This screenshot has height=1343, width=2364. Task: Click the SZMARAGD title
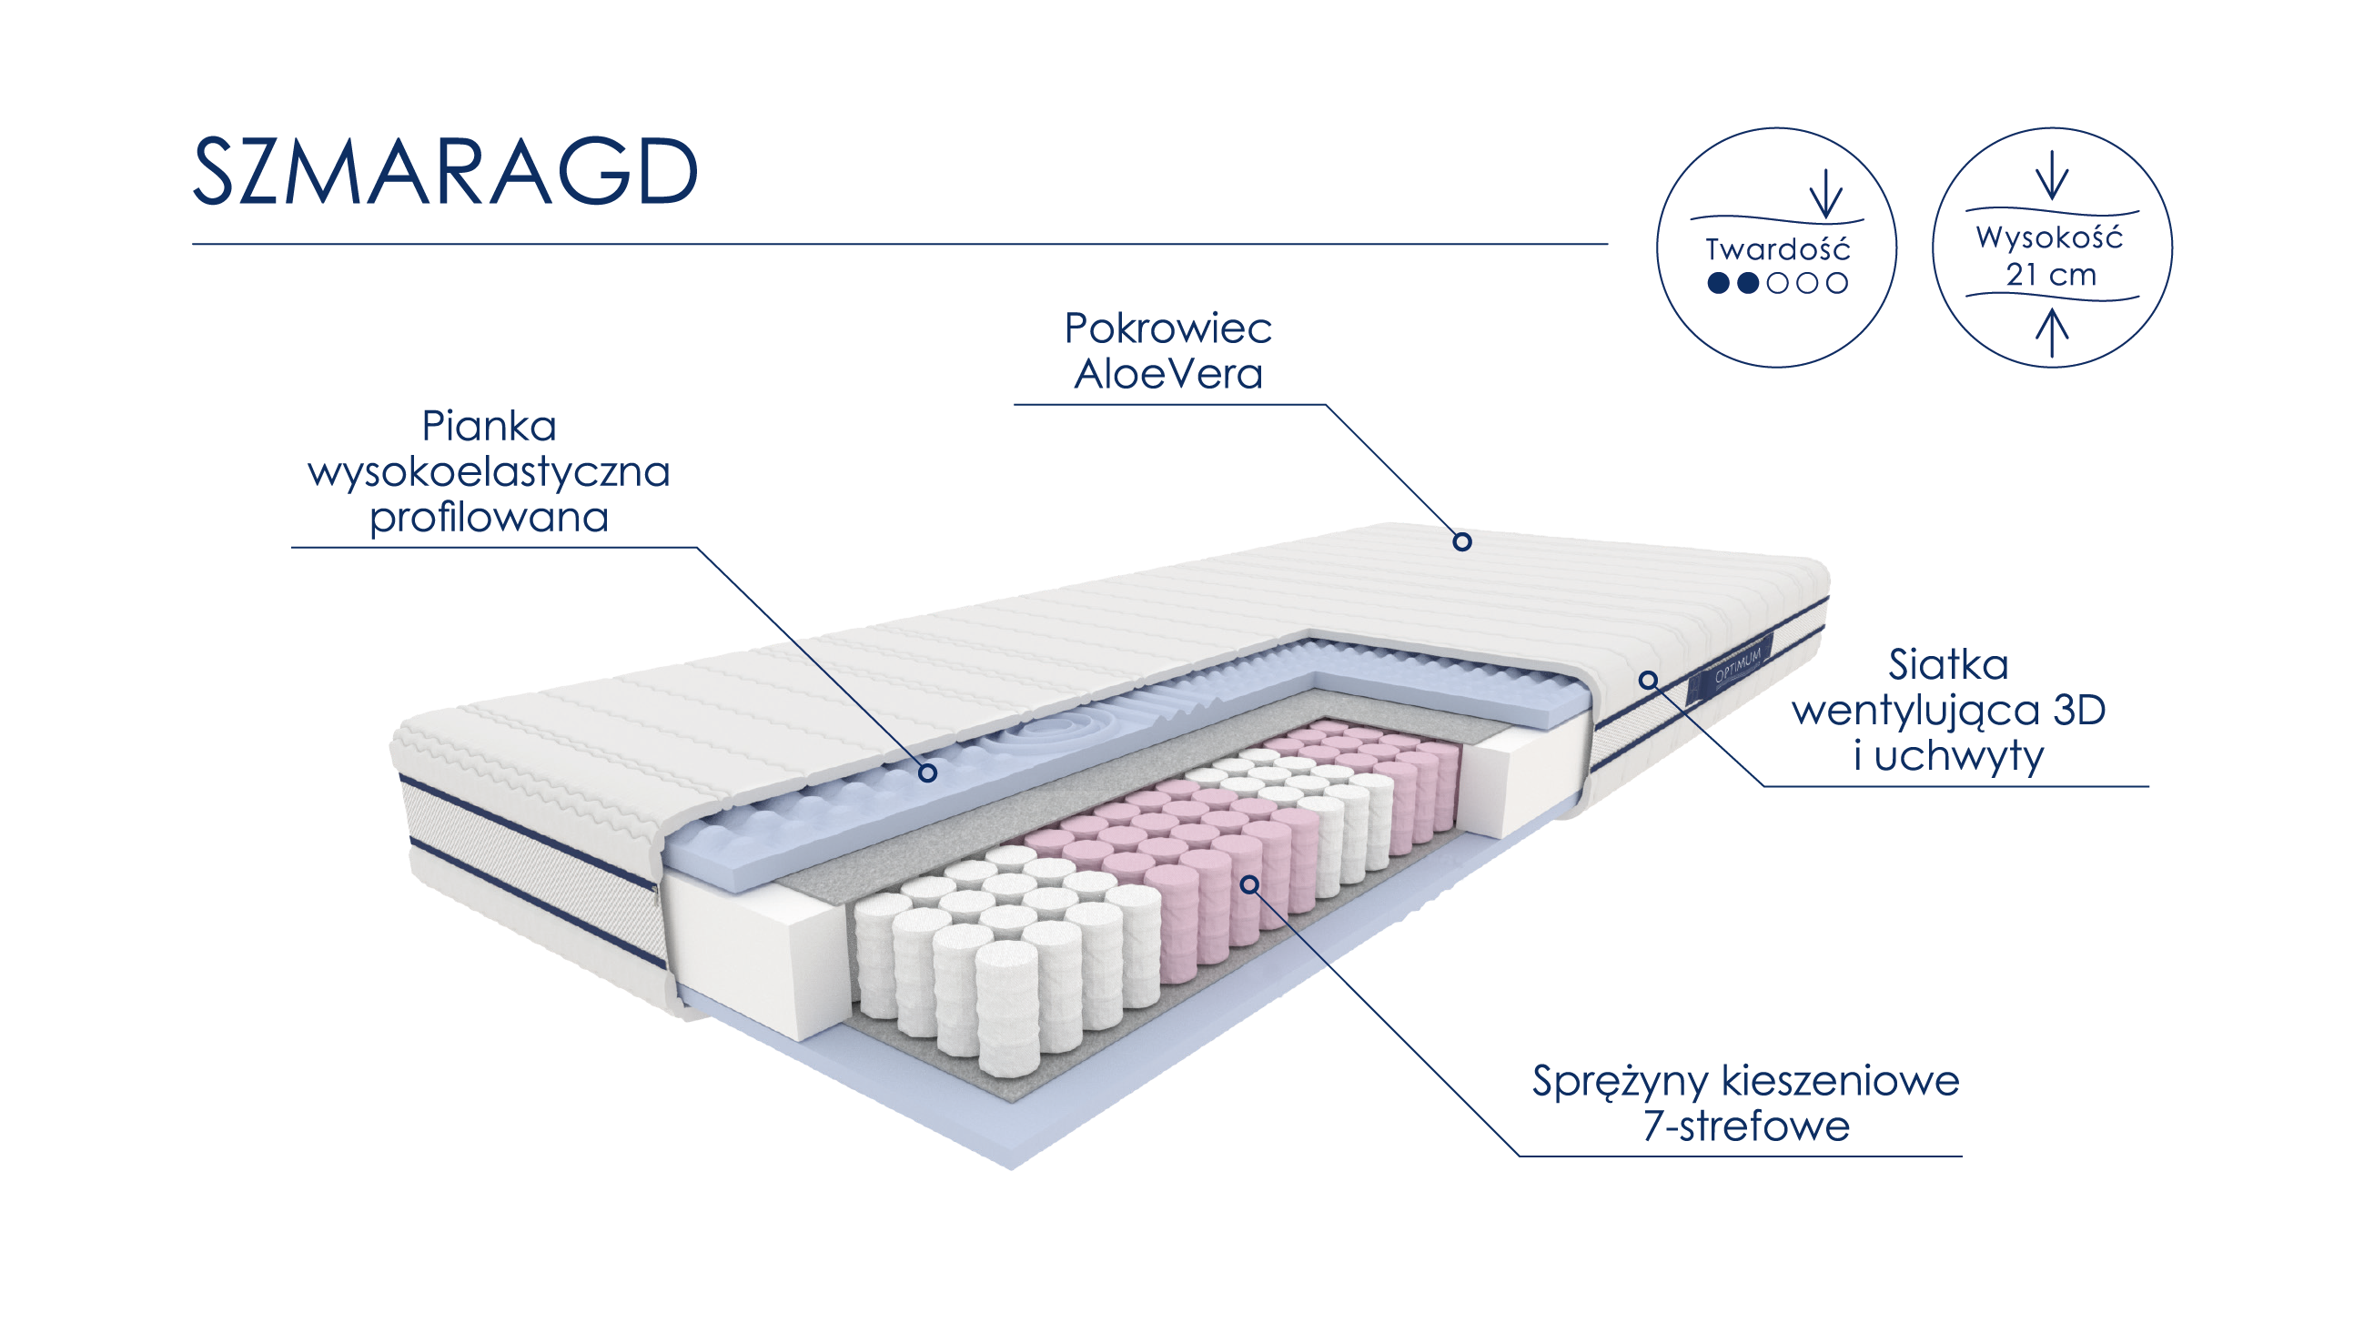[x=445, y=171]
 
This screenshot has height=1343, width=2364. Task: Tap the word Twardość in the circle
[x=1777, y=249]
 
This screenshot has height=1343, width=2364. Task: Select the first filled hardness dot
[x=1717, y=283]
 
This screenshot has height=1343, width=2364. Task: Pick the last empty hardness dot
[x=1836, y=283]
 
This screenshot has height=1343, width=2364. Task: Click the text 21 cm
[x=2051, y=275]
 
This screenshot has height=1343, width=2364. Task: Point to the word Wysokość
[x=2049, y=237]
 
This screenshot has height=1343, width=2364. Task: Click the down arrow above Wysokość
[x=2051, y=176]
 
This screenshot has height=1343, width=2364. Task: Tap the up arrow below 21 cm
[x=2051, y=333]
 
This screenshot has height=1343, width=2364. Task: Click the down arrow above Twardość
[x=1825, y=194]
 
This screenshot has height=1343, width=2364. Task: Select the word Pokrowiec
[x=1167, y=328]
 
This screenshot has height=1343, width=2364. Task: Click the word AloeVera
[x=1167, y=374]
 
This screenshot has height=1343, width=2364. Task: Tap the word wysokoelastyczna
[x=489, y=472]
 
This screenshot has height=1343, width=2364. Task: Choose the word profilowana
[x=489, y=518]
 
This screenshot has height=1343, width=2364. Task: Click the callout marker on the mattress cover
[x=1462, y=541]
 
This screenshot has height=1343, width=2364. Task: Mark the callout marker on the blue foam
[x=928, y=772]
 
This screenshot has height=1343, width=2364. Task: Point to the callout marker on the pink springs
[x=1248, y=884]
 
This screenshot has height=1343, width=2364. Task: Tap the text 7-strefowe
[x=1746, y=1126]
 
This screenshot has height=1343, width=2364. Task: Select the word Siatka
[x=1948, y=664]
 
